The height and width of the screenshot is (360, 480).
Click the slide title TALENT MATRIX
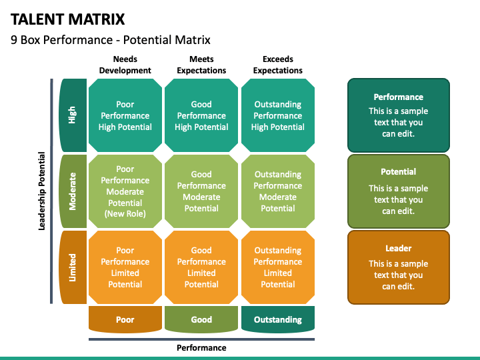tap(67, 19)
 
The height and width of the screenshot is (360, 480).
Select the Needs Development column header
tap(125, 65)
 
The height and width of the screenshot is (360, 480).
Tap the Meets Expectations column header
tap(201, 65)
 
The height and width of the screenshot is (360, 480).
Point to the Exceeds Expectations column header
tap(277, 65)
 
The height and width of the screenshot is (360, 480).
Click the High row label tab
tap(73, 115)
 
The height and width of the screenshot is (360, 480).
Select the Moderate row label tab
tap(73, 191)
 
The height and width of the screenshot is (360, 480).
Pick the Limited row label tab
tap(73, 267)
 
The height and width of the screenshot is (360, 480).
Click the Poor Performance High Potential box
tap(125, 115)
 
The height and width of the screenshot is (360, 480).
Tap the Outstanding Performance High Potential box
tap(278, 115)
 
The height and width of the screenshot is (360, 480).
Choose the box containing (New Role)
tap(125, 191)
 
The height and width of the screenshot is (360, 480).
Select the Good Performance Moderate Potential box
tap(201, 191)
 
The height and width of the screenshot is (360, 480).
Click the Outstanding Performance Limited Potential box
tap(278, 267)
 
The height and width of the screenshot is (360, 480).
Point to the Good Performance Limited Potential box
tap(201, 267)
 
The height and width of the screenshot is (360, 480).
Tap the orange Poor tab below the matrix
tap(125, 319)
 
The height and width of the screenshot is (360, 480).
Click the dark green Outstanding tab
tap(278, 319)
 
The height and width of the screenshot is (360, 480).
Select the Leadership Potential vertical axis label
tap(41, 191)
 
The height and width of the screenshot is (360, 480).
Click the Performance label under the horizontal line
tap(201, 348)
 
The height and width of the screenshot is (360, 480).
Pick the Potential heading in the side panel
tap(398, 172)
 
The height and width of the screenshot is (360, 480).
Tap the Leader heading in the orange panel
tap(398, 248)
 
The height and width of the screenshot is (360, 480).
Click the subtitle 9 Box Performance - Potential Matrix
tap(111, 40)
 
